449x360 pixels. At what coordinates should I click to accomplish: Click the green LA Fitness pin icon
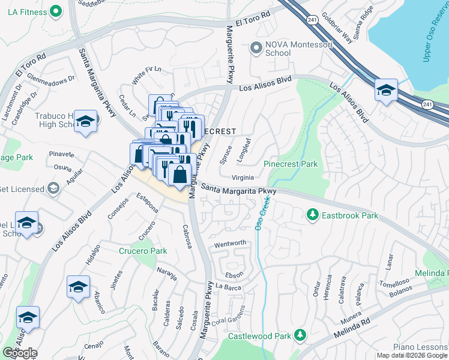tap(56, 11)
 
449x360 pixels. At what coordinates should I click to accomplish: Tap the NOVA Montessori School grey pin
tap(257, 47)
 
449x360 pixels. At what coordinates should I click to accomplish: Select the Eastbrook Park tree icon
tap(312, 214)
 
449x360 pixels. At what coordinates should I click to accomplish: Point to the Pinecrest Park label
tap(291, 164)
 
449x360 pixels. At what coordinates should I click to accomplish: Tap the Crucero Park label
tap(142, 251)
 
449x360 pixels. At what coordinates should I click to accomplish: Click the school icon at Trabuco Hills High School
tap(86, 122)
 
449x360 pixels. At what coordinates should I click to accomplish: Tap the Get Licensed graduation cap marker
tap(54, 189)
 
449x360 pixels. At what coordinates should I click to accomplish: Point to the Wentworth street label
tap(230, 243)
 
